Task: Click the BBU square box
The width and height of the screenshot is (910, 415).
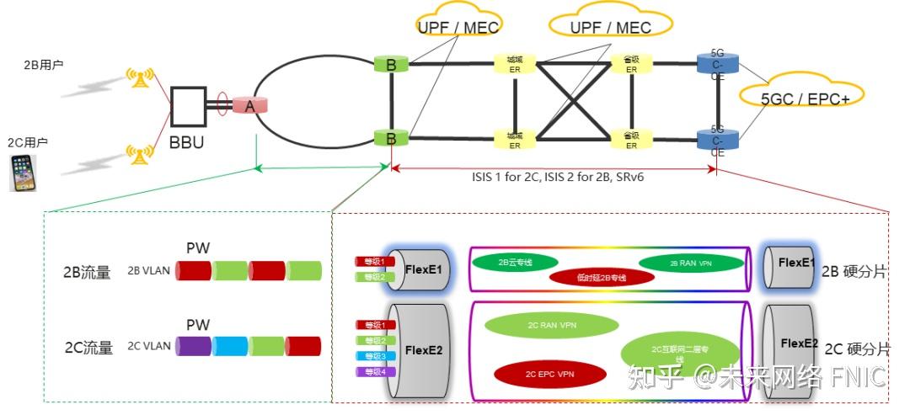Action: [x=188, y=107]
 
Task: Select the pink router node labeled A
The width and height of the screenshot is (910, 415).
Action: [x=249, y=105]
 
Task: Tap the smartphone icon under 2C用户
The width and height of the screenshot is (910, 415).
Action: [x=24, y=173]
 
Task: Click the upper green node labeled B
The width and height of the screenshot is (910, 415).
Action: [x=391, y=64]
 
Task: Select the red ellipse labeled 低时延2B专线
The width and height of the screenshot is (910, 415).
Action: [x=602, y=277]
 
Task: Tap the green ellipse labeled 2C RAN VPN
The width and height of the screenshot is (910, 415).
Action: [x=551, y=325]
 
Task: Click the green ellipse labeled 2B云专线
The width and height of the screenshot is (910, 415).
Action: [x=515, y=262]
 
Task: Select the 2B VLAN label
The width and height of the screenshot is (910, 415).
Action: [x=148, y=271]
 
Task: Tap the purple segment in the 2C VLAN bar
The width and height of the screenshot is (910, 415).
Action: [x=193, y=345]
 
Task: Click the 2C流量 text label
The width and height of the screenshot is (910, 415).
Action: [x=88, y=347]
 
